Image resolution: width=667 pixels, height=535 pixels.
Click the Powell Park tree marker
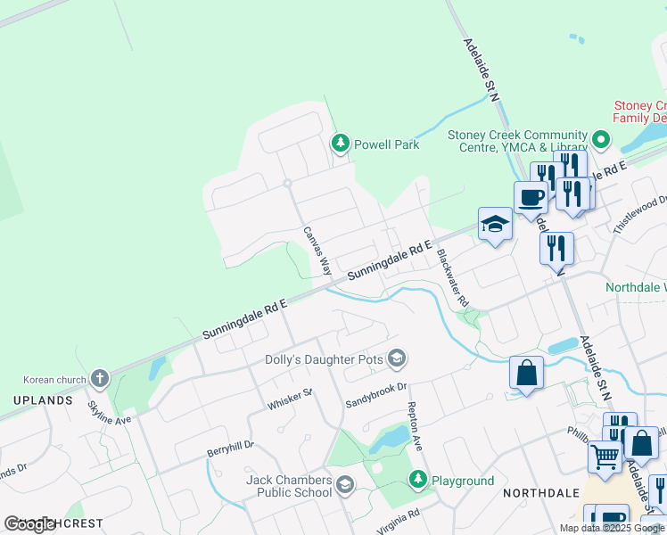tap(340, 144)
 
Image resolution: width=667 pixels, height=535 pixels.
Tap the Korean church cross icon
tap(99, 379)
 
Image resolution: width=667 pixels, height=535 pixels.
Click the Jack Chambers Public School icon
tap(345, 486)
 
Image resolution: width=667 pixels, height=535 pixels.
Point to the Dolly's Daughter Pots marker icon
tap(397, 360)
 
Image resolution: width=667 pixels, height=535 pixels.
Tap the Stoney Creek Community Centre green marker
tap(600, 140)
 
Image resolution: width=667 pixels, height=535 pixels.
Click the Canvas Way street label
tap(317, 251)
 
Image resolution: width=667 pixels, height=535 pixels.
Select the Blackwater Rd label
tap(452, 277)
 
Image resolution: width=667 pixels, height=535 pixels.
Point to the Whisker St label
tap(290, 399)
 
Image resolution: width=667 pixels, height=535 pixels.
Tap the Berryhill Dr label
tap(230, 450)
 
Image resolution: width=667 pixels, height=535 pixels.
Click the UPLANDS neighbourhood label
tap(43, 400)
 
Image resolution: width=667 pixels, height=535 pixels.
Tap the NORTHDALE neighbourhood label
tap(535, 492)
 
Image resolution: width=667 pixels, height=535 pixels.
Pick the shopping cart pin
tap(605, 457)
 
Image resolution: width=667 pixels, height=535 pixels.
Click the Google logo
tap(29, 523)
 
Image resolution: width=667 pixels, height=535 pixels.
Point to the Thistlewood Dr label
tap(639, 214)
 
